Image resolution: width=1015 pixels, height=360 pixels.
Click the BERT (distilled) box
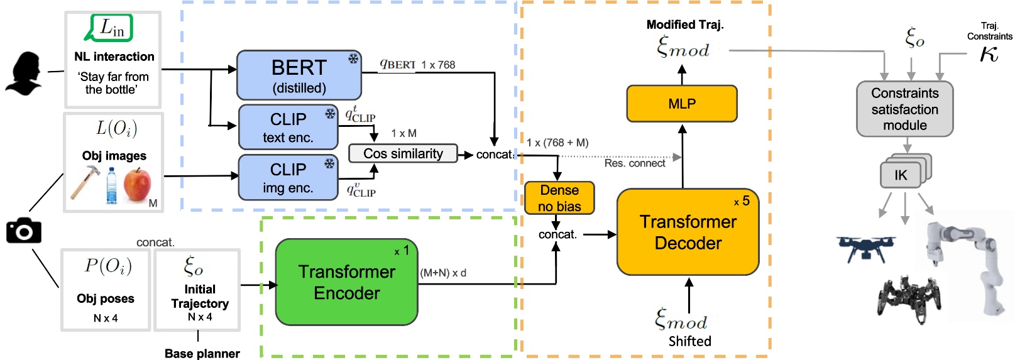299,75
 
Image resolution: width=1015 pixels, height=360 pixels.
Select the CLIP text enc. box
288,127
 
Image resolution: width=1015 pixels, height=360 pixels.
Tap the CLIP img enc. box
288,178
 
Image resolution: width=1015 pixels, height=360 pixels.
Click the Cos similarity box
403,154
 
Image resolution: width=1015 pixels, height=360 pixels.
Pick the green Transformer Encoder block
346,282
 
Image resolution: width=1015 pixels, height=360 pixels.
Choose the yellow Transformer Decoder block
688,232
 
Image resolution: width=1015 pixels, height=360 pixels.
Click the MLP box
682,104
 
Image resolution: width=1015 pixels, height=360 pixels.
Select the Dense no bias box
559,198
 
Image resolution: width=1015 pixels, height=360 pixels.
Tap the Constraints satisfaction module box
904,109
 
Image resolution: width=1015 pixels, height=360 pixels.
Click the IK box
901,175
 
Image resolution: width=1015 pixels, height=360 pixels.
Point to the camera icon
24,231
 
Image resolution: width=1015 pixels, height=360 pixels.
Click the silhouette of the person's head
25,74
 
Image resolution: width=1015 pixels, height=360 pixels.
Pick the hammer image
85,181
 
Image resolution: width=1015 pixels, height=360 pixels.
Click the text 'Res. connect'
634,163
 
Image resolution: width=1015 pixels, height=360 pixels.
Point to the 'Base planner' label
202,354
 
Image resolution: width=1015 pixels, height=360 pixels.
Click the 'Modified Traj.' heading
685,25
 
